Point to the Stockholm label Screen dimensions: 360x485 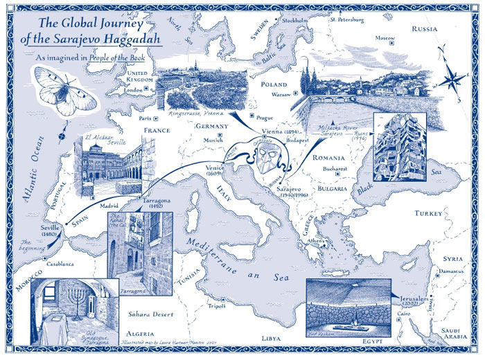(x=295, y=21)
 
